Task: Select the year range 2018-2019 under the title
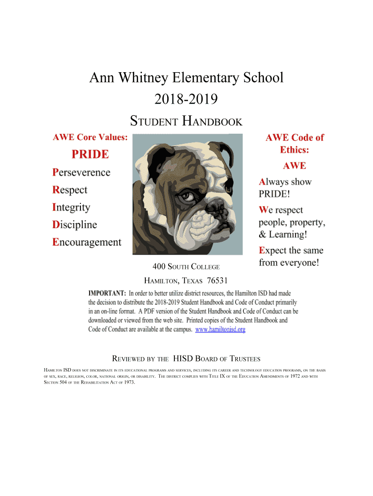coord(186,99)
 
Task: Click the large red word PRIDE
coord(91,155)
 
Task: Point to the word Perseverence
coord(81,172)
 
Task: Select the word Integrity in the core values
coord(71,207)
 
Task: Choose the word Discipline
coord(75,225)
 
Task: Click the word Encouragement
coord(87,242)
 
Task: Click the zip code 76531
coord(217,281)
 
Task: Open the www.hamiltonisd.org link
coord(220,329)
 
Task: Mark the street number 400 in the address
coord(159,266)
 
